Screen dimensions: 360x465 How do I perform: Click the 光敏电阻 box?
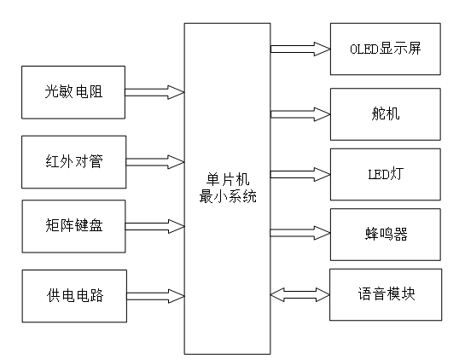point(73,91)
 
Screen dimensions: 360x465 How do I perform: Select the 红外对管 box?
point(73,161)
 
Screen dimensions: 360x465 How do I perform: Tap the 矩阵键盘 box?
point(73,226)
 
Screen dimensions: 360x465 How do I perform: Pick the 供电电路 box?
point(73,296)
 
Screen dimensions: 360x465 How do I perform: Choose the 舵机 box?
point(385,113)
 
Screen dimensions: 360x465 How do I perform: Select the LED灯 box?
point(385,174)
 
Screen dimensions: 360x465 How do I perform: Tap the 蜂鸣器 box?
point(385,233)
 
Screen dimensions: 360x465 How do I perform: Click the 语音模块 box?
point(385,294)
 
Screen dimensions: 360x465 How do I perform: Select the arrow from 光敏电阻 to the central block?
point(154,91)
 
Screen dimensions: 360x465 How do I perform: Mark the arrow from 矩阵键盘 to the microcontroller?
point(154,226)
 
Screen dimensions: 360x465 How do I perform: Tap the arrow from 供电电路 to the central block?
point(154,296)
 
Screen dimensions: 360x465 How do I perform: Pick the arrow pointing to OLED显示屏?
point(299,49)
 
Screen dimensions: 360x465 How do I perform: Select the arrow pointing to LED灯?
point(299,174)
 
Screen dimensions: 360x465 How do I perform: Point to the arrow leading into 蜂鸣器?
point(299,233)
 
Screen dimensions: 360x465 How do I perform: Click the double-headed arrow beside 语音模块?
point(299,294)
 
